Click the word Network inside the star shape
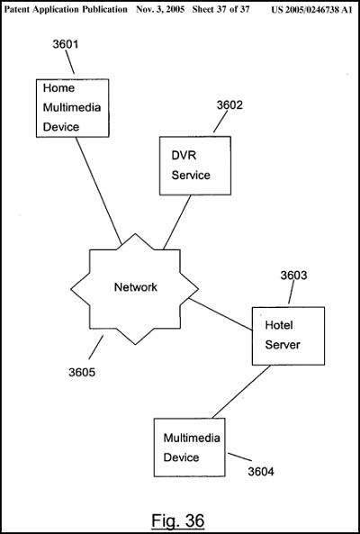click(x=135, y=287)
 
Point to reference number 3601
click(x=66, y=44)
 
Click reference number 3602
click(x=230, y=105)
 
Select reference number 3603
click(x=293, y=276)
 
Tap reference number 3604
click(x=261, y=472)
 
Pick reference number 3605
click(x=82, y=373)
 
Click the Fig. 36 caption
click(x=177, y=520)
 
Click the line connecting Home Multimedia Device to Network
click(x=98, y=191)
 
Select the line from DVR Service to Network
click(x=177, y=222)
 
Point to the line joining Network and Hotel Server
click(x=220, y=314)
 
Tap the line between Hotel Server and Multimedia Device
click(x=241, y=392)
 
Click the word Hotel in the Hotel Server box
click(x=279, y=325)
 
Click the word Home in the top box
click(x=58, y=88)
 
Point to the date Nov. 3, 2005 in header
click(x=160, y=10)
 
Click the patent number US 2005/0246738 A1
click(x=311, y=10)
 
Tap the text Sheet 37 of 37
click(x=220, y=10)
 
